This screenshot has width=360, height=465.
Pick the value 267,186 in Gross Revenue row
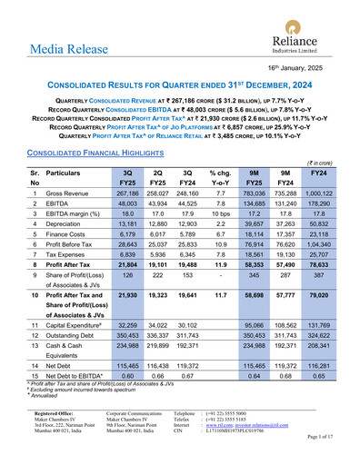tap(121, 193)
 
